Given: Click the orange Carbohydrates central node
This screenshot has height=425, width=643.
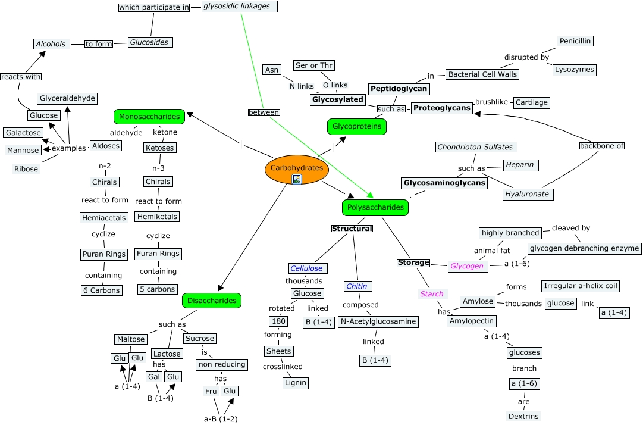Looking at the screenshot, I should click(296, 167).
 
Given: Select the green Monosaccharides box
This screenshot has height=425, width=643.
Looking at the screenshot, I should click(149, 117).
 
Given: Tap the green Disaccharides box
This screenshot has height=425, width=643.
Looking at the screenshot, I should click(212, 301).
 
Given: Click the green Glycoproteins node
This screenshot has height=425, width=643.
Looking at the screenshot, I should click(357, 127).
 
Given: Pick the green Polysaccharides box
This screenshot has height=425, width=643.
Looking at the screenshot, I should click(375, 207).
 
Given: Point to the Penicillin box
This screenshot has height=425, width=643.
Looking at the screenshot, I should click(575, 41).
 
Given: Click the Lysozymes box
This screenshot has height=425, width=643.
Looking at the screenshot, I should click(573, 70).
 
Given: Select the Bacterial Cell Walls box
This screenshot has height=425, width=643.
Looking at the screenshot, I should click(482, 74).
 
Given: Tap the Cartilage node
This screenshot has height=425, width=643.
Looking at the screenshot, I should click(531, 102).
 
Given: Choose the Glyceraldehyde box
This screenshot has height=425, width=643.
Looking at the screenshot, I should click(67, 98).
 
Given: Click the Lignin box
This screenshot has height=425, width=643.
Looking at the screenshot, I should click(296, 383).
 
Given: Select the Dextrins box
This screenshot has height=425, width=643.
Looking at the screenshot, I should click(523, 416).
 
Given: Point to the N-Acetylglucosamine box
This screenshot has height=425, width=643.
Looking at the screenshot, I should click(378, 322).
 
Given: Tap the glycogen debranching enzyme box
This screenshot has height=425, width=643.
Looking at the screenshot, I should click(584, 248).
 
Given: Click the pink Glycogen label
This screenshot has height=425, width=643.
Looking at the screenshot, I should click(466, 266).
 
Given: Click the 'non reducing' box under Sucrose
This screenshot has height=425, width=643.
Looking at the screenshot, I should click(221, 364).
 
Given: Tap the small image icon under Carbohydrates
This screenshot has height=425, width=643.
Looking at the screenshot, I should click(297, 179).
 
